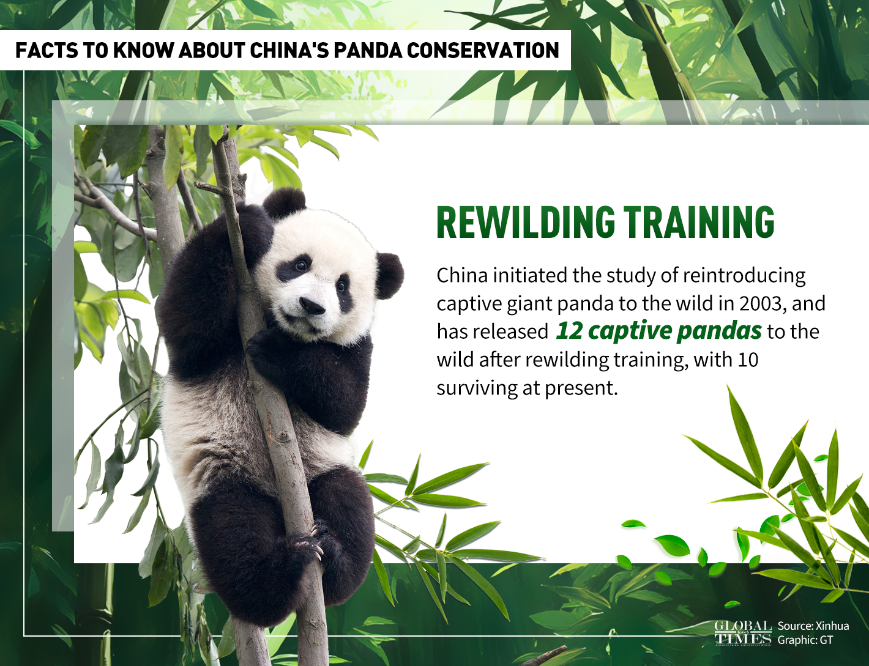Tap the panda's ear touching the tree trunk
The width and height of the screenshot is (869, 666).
click(284, 203)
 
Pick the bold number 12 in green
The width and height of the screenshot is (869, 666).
click(569, 331)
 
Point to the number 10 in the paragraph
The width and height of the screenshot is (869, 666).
click(748, 360)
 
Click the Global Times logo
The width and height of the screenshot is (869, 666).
click(742, 632)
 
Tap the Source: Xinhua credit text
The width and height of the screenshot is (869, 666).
click(813, 626)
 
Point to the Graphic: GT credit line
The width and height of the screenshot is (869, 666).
click(805, 640)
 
